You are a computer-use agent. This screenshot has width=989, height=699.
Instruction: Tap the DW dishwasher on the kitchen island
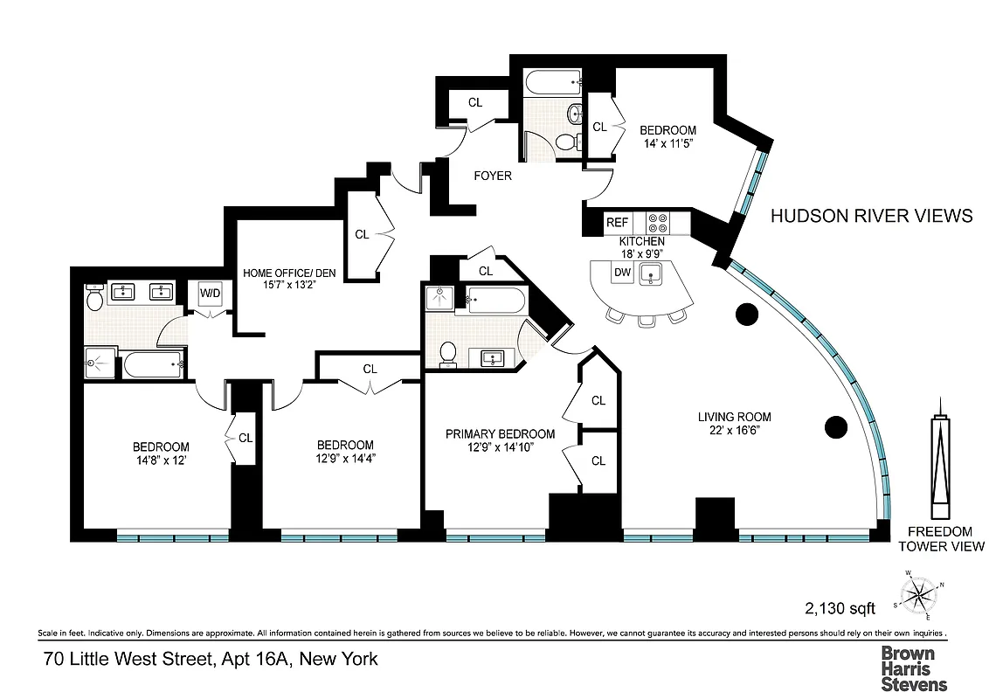click(x=622, y=273)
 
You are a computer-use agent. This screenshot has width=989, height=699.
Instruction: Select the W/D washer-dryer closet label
click(x=210, y=294)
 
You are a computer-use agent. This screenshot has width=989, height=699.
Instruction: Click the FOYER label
click(x=493, y=176)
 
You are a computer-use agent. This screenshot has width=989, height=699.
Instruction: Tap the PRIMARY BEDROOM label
click(x=500, y=434)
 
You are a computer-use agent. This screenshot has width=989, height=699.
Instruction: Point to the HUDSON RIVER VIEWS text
click(x=870, y=216)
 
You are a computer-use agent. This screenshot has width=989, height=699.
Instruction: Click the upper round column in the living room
click(x=747, y=313)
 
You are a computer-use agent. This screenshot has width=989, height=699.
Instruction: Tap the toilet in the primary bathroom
click(x=448, y=351)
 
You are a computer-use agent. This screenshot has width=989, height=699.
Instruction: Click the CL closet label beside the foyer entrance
click(x=474, y=102)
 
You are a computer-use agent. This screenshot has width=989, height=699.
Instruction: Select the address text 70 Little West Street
click(x=211, y=659)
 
